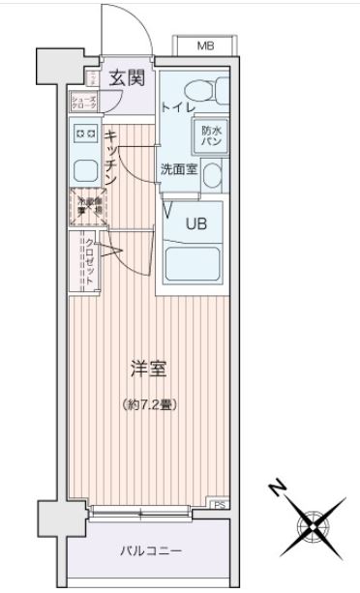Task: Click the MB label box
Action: (205, 45)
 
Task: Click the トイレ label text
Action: (178, 106)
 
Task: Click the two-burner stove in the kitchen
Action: (84, 134)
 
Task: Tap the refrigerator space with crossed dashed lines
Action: (86, 205)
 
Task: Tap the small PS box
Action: (220, 504)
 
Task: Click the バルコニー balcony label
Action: (150, 550)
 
